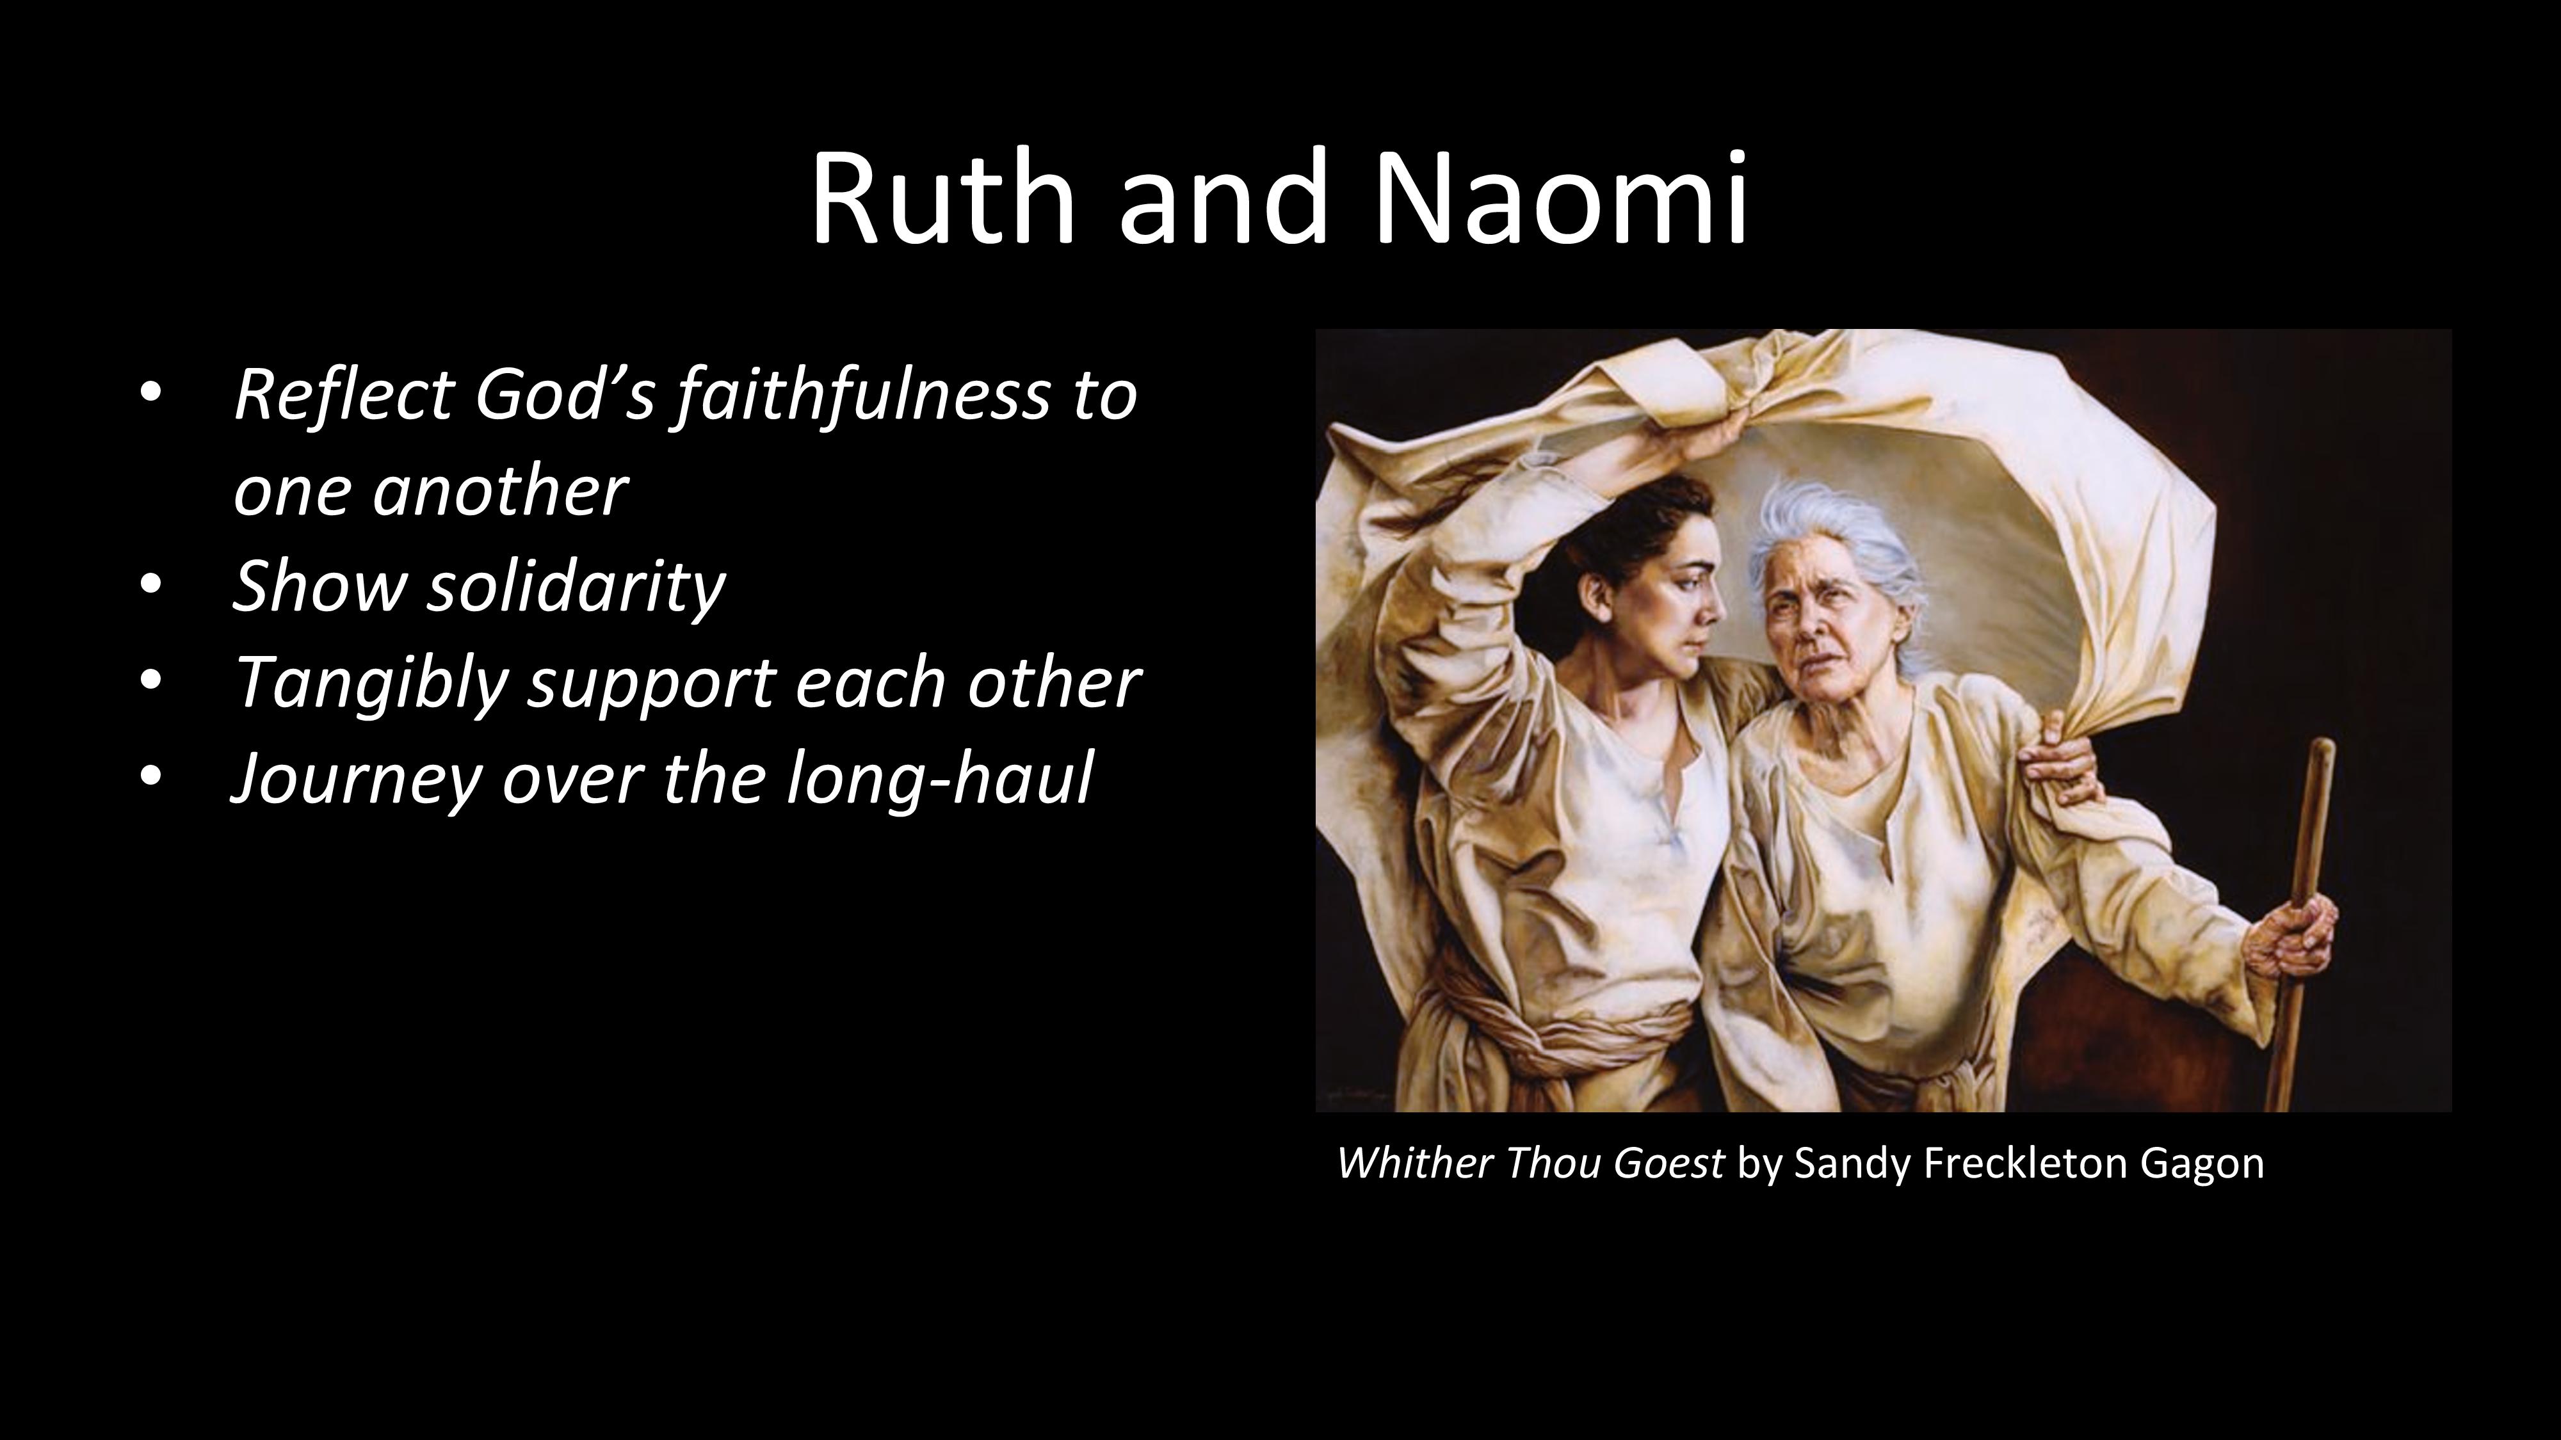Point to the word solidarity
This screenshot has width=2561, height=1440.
tap(577, 586)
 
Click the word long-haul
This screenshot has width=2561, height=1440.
tap(939, 779)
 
